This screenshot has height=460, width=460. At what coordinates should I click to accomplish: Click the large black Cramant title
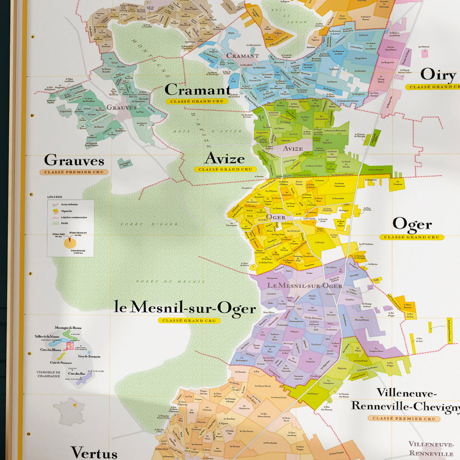197,90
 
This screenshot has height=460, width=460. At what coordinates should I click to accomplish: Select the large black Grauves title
74,160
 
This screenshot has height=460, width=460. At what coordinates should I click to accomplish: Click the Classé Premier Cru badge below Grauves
74,172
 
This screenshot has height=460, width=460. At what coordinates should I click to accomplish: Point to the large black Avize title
224,158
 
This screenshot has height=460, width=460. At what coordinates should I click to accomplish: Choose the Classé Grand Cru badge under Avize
223,170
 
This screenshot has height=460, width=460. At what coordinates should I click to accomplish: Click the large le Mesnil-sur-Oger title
185,308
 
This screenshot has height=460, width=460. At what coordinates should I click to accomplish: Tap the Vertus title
94,452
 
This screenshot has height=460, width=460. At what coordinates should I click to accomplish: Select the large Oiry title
439,75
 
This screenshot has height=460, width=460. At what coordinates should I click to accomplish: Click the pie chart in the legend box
70,243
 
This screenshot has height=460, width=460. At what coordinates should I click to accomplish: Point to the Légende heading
55,197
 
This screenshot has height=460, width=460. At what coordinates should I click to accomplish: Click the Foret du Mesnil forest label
170,282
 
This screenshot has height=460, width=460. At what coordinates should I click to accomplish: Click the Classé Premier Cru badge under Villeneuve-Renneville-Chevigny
404,419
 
